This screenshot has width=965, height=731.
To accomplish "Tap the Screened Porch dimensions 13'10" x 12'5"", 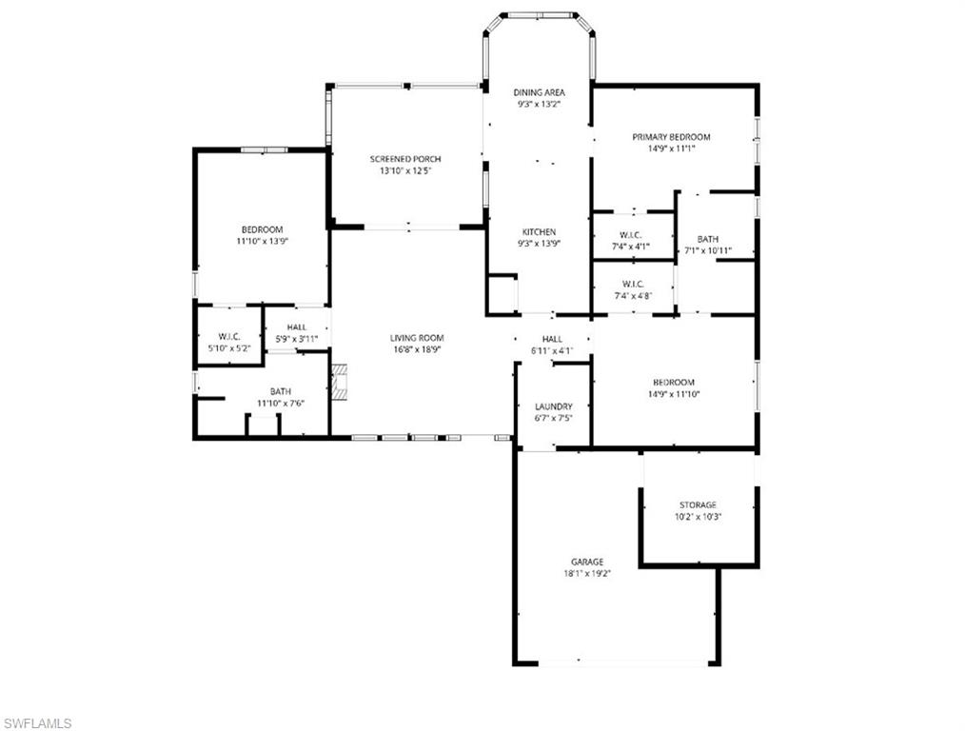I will pyautogui.click(x=405, y=170).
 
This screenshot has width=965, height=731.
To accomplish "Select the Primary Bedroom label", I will pyautogui.click(x=671, y=137).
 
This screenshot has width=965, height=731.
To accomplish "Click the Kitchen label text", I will pyautogui.click(x=539, y=232).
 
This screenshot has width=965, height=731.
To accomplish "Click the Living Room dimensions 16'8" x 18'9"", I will pyautogui.click(x=417, y=349).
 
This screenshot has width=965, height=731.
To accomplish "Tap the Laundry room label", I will pyautogui.click(x=553, y=406).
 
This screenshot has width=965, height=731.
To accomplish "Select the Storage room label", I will pyautogui.click(x=698, y=504).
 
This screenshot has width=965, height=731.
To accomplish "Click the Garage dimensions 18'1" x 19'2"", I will pyautogui.click(x=586, y=574).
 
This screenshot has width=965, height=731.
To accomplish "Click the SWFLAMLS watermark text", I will pyautogui.click(x=37, y=723).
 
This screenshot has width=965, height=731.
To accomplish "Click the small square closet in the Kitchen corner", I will pyautogui.click(x=502, y=294).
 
